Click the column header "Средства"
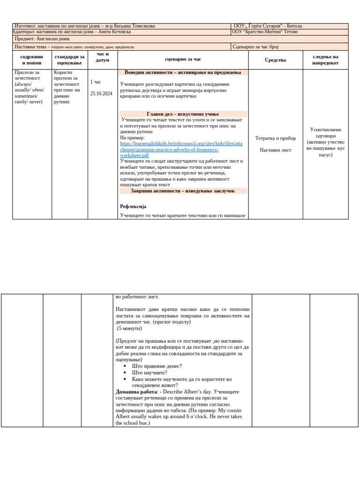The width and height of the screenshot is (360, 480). [275, 60]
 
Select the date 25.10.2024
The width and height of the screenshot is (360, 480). [101, 94]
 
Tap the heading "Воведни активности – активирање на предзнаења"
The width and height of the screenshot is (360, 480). [183, 72]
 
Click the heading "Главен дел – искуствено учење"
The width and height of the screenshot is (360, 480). [183, 114]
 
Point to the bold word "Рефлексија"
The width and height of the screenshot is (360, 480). [133, 206]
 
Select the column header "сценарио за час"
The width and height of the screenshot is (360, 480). [183, 60]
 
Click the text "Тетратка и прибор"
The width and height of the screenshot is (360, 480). [275, 138]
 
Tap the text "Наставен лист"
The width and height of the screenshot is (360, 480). [275, 150]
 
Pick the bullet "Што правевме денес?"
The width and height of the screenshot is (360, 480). [157, 366]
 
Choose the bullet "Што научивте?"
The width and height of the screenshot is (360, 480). [150, 373]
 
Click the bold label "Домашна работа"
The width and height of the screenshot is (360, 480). [136, 391]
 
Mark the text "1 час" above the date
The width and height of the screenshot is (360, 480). [96, 82]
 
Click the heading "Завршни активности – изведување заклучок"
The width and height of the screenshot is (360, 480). [183, 191]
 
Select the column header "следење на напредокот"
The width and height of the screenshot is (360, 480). [325, 60]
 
